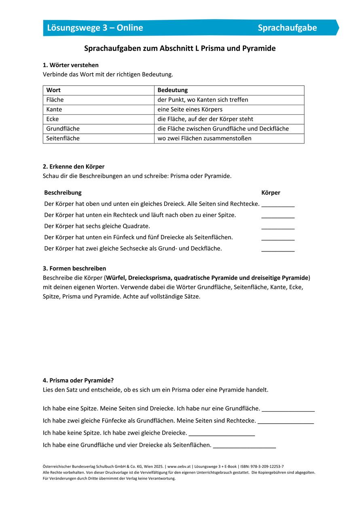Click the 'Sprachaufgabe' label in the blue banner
tap(287, 28)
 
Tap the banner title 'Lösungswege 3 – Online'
tap(95, 28)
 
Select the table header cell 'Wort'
tap(53, 90)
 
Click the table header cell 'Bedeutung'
tap(172, 90)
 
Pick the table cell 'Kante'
tap(54, 110)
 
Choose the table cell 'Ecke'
tap(53, 119)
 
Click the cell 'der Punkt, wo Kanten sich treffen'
tap(203, 100)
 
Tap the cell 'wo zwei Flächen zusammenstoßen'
tap(204, 138)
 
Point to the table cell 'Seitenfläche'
tap(63, 138)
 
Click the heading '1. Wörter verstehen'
tap(71, 65)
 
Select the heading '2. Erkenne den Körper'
tap(74, 167)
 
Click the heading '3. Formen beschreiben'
tap(74, 268)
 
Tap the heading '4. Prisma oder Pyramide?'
tap(78, 380)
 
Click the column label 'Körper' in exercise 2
tap(271, 193)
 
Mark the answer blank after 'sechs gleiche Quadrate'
tap(278, 227)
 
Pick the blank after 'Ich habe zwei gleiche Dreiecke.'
tap(222, 434)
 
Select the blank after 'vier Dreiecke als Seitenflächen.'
tap(244, 446)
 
